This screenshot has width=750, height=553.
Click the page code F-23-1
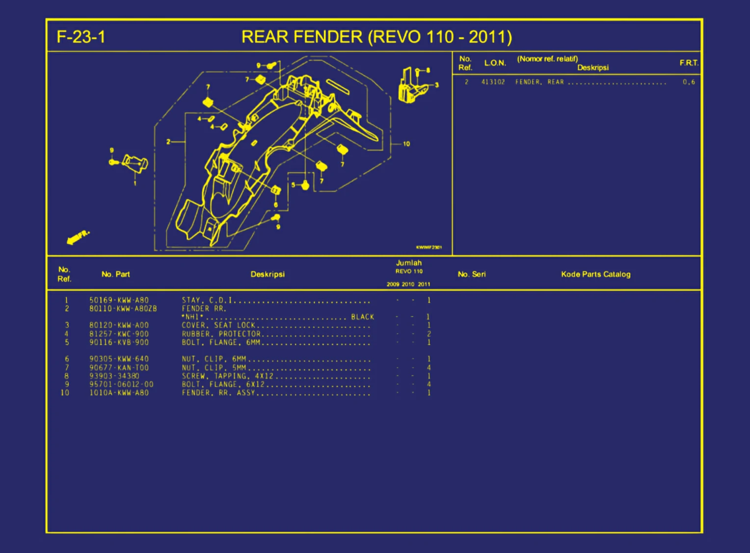coord(81,37)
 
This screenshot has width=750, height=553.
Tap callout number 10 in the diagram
coord(406,144)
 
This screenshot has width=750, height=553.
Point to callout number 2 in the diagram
coord(168,142)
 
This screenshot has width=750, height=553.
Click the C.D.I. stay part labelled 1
coord(135,164)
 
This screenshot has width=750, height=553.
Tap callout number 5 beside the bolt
coord(294,185)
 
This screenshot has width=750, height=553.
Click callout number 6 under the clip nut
coord(276,205)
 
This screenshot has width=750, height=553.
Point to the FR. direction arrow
coord(78,237)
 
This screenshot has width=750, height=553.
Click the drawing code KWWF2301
coord(429,247)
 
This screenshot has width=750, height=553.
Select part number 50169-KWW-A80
coord(119,300)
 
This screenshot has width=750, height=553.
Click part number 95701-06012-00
coord(121,384)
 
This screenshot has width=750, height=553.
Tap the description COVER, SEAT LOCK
coord(218,325)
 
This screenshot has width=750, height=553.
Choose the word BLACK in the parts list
coord(363,317)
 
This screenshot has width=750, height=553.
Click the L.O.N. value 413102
coord(493,82)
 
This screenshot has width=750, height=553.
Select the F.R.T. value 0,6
coord(689,82)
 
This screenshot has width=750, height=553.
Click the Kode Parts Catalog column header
coord(595,274)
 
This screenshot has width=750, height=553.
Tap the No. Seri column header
coord(471,274)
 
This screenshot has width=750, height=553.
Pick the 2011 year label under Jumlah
coord(424,284)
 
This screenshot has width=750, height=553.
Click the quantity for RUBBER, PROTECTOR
coord(429,334)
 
